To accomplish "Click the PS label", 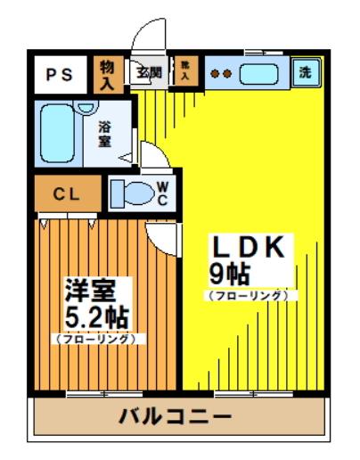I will (61, 73).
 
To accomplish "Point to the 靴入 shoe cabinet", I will (185, 73).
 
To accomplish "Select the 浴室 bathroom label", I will (104, 134).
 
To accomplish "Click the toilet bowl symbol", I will (131, 193).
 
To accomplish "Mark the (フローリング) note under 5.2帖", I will (98, 339).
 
